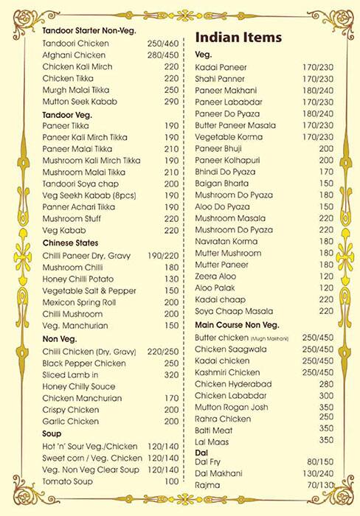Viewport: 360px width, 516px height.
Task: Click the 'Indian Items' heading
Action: [239, 38]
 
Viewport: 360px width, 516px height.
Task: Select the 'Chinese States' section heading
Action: [71, 243]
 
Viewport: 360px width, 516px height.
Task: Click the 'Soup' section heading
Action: [52, 434]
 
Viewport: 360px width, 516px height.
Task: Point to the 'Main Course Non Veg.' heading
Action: [240, 324]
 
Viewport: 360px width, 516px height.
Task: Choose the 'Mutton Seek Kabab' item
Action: [80, 101]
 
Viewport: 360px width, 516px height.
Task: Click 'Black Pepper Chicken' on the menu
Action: [85, 363]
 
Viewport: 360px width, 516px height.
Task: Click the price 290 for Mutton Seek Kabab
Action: [171, 101]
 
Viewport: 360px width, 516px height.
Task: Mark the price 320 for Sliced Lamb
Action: [171, 374]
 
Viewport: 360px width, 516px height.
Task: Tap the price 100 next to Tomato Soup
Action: [171, 481]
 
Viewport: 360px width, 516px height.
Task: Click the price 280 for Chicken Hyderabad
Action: [326, 383]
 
